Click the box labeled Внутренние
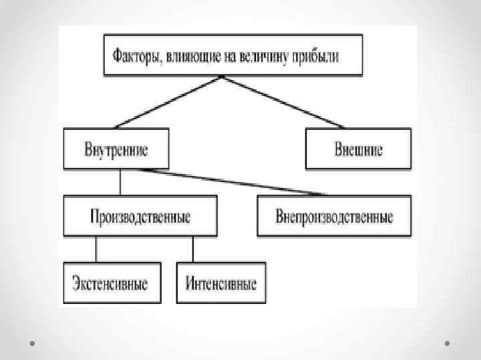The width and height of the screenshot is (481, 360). (x=116, y=149)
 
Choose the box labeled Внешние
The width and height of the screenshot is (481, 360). (x=358, y=149)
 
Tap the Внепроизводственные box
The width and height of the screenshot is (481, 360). (x=334, y=217)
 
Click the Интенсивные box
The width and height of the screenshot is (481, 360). (x=220, y=283)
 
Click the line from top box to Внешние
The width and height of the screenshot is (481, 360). (x=283, y=101)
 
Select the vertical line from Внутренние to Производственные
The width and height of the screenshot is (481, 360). (x=120, y=183)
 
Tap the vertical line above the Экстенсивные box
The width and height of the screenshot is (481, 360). (x=96, y=249)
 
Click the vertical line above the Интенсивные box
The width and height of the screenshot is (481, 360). (x=193, y=249)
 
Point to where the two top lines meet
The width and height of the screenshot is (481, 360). (x=222, y=77)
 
